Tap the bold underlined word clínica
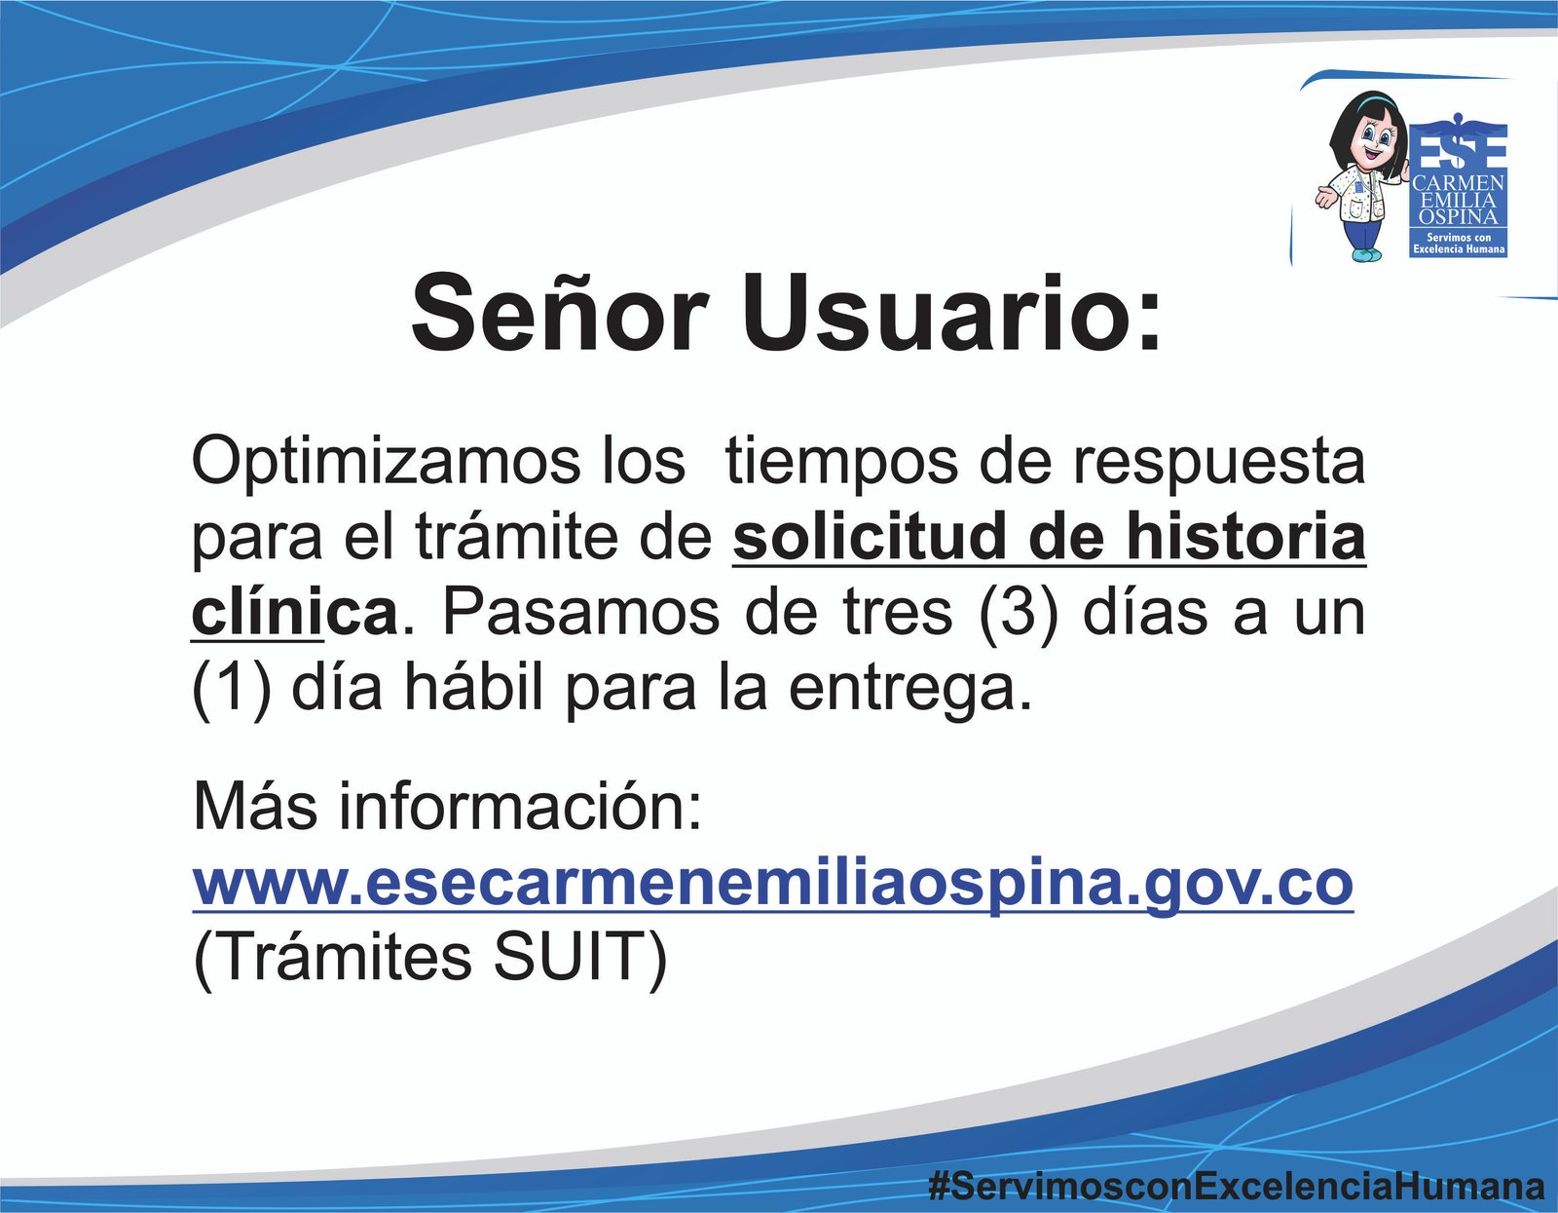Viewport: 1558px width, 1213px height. [294, 613]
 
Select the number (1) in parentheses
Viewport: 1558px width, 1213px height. [231, 689]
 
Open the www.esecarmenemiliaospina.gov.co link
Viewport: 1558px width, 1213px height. [773, 885]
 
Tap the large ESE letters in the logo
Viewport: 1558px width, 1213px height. [1459, 147]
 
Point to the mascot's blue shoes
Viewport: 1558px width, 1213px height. [1361, 254]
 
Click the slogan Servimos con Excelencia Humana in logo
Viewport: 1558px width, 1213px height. [1459, 244]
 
